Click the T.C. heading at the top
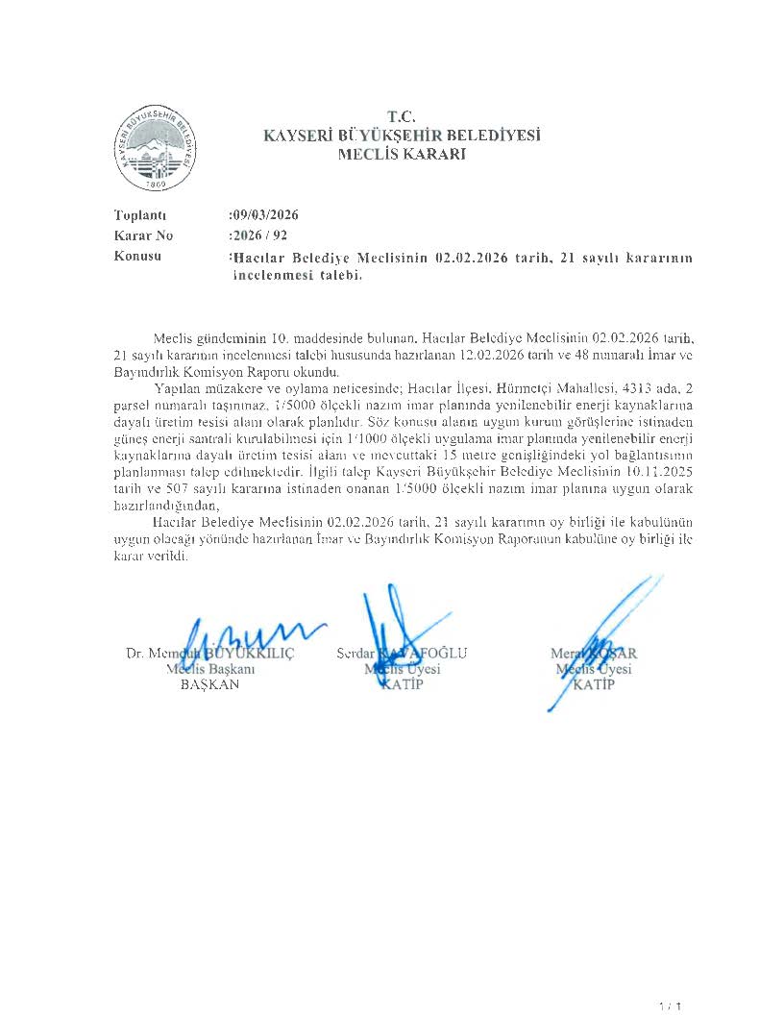[402, 118]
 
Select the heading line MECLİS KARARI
[402, 154]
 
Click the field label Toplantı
[140, 215]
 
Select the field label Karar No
[143, 235]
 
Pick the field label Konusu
[137, 256]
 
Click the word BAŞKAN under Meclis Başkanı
[209, 685]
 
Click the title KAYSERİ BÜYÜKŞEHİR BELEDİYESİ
[402, 136]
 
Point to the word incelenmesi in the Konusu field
[282, 275]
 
